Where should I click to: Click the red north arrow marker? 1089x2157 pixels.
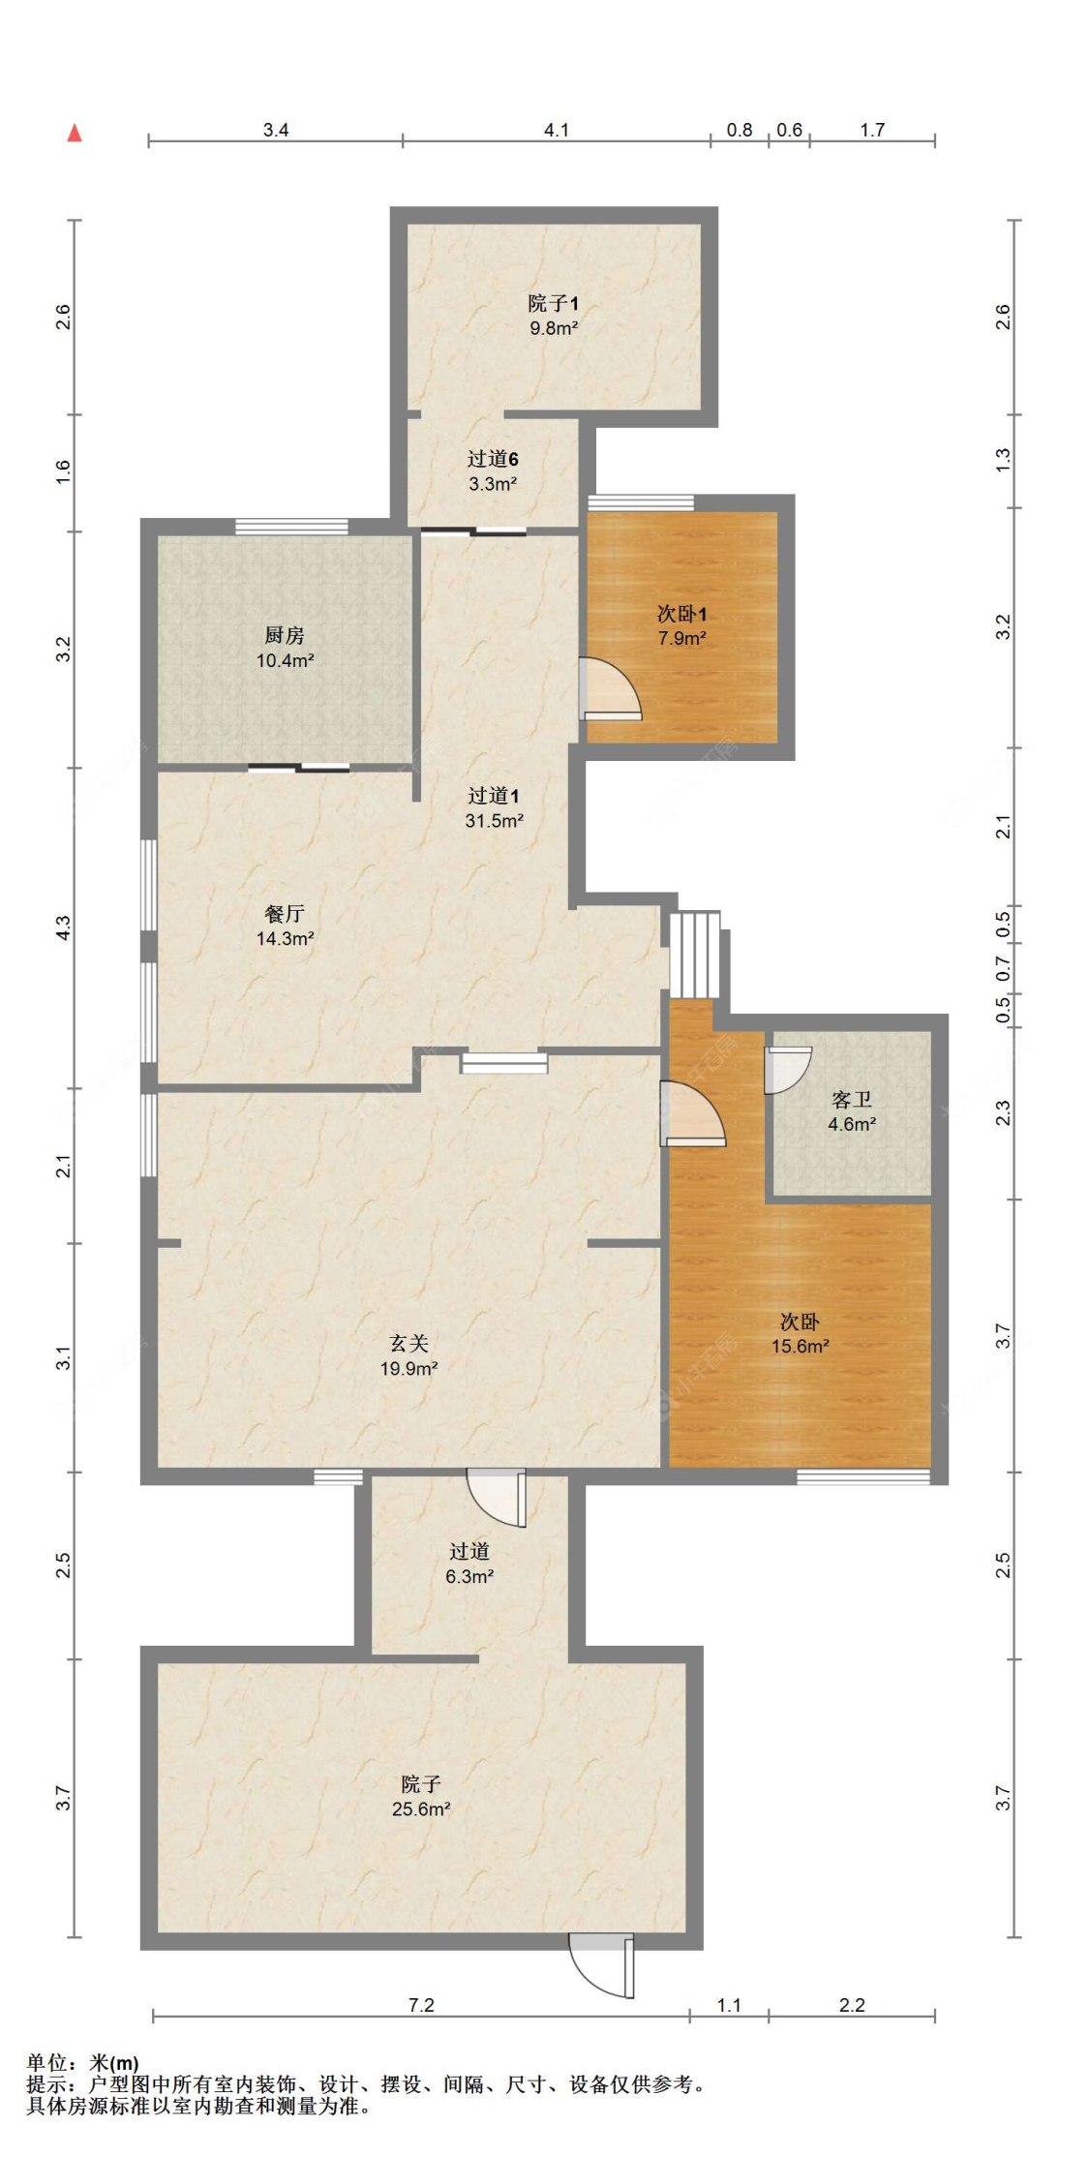75,133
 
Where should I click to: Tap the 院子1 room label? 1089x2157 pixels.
554,303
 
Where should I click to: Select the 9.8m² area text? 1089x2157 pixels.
554,328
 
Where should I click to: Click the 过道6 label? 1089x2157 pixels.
493,459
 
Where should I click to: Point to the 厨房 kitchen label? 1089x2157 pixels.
285,635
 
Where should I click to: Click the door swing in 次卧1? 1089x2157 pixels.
610,689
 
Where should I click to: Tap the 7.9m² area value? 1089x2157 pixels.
682,638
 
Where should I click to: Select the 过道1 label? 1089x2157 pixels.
494,796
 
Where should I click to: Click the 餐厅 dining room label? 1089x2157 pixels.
285,913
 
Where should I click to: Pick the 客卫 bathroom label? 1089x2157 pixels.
852,1099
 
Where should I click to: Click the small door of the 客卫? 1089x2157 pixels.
787,1070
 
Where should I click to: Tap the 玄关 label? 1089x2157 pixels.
408,1343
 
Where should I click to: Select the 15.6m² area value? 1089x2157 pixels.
800,1346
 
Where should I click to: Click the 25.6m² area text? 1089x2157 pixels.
421,1808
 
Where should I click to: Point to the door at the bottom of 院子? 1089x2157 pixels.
602,1964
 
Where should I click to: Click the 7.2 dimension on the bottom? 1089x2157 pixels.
421,2005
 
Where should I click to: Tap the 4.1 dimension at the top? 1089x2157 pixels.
557,130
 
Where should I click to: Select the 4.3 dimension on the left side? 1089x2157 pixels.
63,928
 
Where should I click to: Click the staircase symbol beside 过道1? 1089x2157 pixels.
696,955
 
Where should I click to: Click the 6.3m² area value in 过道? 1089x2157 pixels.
469,1576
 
